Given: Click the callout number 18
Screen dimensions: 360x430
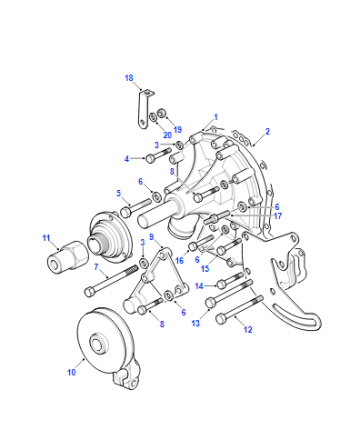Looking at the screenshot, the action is [x=129, y=78].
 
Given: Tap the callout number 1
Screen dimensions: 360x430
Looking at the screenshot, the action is [x=216, y=117].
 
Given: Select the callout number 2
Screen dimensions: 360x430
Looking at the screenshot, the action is [x=267, y=132].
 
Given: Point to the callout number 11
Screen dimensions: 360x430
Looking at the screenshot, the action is [x=46, y=238].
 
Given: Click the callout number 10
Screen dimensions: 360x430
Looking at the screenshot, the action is [x=72, y=372].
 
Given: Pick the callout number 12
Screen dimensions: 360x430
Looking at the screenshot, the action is [x=248, y=330].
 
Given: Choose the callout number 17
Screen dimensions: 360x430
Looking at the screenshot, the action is [x=278, y=216].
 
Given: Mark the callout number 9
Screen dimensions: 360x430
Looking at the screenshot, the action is [x=152, y=237].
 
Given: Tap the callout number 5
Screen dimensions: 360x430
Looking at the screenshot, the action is [x=118, y=193].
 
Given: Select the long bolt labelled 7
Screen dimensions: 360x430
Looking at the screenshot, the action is [x=111, y=281].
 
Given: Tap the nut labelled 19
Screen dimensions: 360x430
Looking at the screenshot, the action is [x=162, y=112].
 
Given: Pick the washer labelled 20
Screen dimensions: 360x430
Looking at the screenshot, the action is [x=153, y=118].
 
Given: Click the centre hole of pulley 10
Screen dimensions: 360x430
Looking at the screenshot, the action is [x=99, y=343].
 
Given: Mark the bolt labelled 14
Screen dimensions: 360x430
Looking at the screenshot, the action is [x=230, y=279].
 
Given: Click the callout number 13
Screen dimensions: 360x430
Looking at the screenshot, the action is [x=196, y=323].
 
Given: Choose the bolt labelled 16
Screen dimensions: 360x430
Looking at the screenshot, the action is [x=201, y=241].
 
